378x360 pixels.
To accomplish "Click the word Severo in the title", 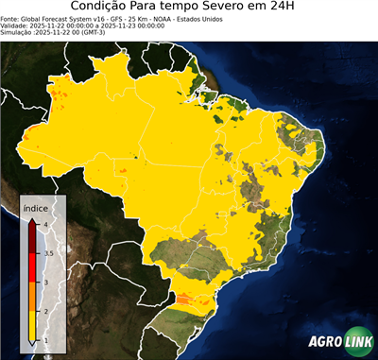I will [233, 8].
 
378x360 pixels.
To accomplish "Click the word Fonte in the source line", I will [10, 18].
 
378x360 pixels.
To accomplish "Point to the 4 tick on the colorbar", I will [45, 224].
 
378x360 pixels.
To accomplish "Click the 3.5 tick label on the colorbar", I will [48, 253].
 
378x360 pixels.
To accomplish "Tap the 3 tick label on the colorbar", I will [45, 282].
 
